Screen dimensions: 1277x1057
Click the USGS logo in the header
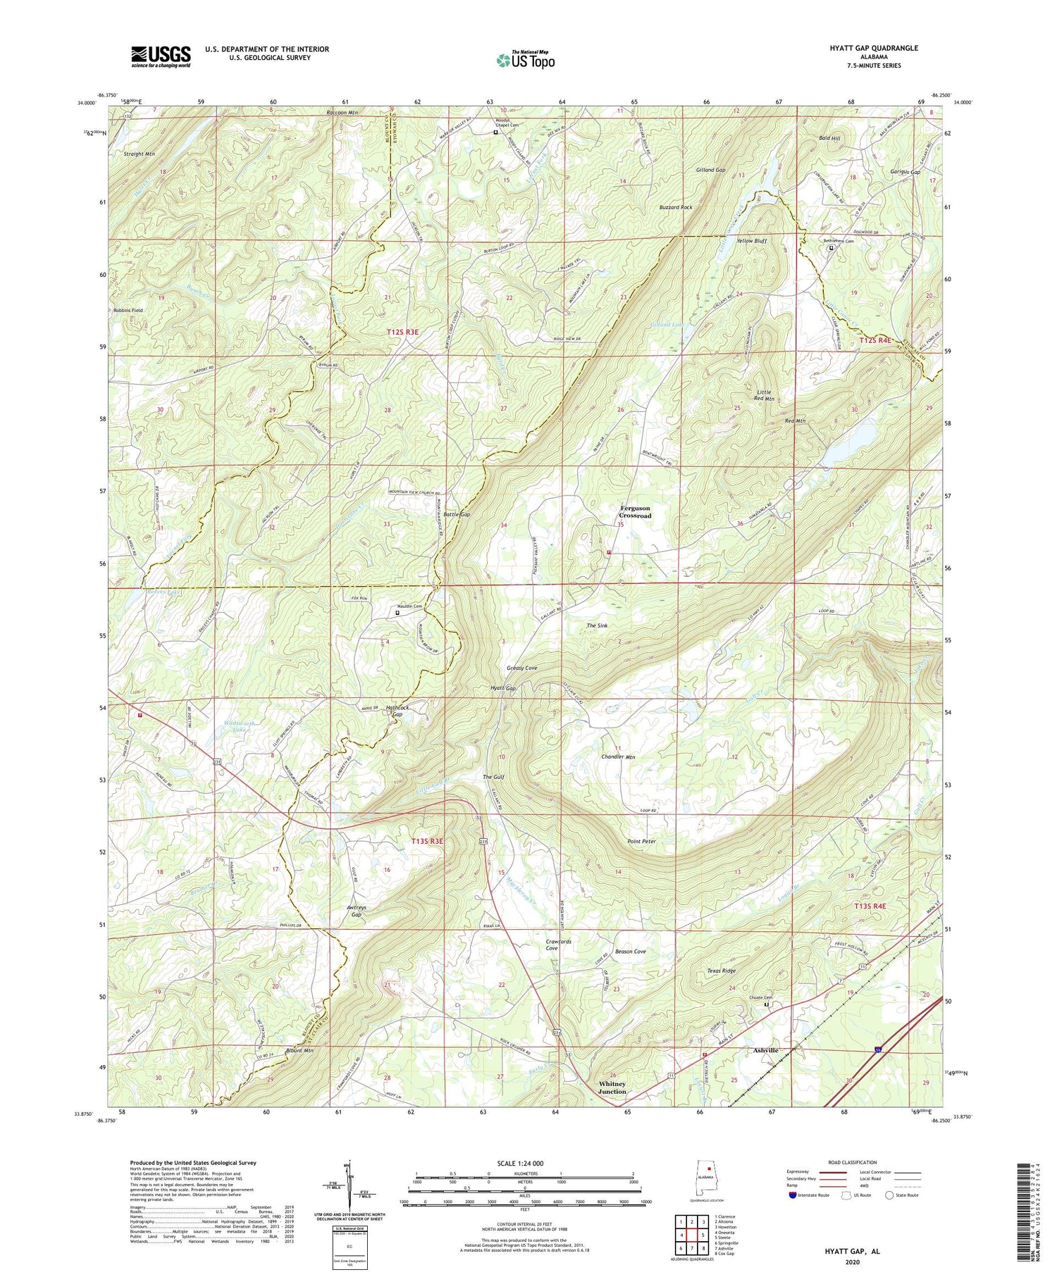click(x=161, y=56)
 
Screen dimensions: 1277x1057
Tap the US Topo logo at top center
click(x=525, y=60)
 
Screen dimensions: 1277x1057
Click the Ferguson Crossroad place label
click(x=635, y=511)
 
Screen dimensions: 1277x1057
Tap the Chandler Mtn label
click(x=618, y=757)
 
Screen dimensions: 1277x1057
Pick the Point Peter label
click(x=641, y=842)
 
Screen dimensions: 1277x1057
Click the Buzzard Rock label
click(x=675, y=208)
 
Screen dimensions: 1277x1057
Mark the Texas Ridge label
click(x=721, y=971)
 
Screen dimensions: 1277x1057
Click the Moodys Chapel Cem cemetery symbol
click(x=495, y=132)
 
